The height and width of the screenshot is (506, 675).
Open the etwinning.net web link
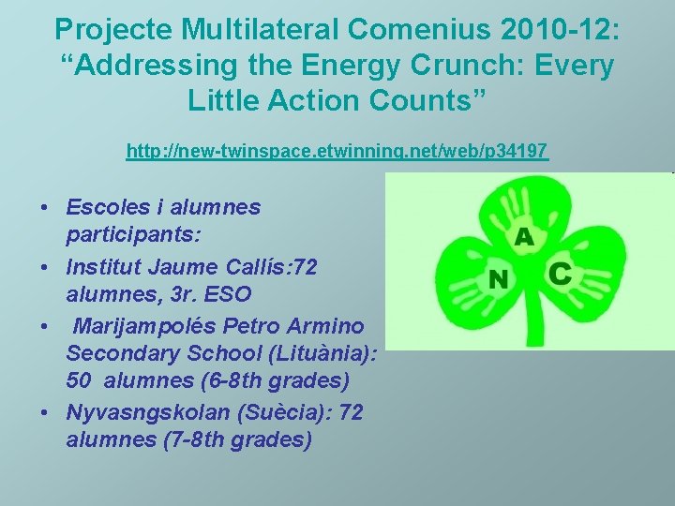(x=337, y=150)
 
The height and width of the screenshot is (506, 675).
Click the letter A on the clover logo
(x=523, y=237)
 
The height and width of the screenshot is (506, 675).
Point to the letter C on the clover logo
(x=559, y=274)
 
